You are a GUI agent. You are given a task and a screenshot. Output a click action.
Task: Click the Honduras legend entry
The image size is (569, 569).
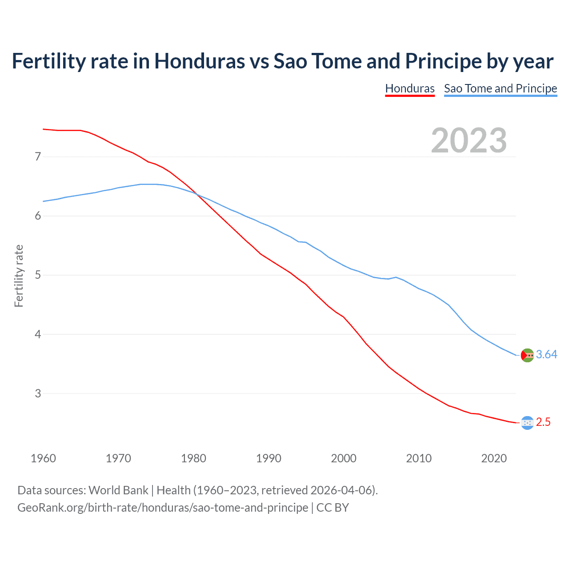409,88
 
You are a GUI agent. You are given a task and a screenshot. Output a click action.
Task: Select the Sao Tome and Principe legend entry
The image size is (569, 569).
500,88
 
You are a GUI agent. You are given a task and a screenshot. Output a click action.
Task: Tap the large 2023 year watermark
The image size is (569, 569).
469,140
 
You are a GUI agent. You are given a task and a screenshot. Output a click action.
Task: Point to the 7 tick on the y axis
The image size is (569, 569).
38,156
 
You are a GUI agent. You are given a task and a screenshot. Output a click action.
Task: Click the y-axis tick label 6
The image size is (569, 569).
38,216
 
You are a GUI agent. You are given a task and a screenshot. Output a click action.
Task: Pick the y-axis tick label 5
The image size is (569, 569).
38,275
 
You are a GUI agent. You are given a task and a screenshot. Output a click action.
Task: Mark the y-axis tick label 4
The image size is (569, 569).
38,334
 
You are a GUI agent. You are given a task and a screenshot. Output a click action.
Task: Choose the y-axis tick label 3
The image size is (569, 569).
38,393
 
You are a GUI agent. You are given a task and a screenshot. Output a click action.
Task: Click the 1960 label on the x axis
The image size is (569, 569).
43,458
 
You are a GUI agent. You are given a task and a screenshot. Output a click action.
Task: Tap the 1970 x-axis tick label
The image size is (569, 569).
118,458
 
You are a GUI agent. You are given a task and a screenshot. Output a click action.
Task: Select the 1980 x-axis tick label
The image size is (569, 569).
193,458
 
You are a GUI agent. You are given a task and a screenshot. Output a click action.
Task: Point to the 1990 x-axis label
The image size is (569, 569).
268,458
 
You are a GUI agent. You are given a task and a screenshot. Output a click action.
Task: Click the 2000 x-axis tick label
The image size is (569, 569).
344,458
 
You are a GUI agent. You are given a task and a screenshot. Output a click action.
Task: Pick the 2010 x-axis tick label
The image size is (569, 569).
419,458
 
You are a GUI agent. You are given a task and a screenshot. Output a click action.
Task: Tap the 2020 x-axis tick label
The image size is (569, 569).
494,458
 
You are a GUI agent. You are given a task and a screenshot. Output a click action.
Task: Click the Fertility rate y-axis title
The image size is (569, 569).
19,276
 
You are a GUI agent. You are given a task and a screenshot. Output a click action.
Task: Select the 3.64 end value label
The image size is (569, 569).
546,354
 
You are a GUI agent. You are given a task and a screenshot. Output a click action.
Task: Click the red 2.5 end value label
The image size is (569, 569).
543,422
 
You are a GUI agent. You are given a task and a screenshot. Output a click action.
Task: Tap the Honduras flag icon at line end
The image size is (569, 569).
527,423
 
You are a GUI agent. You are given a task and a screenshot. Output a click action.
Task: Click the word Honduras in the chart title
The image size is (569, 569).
200,61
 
